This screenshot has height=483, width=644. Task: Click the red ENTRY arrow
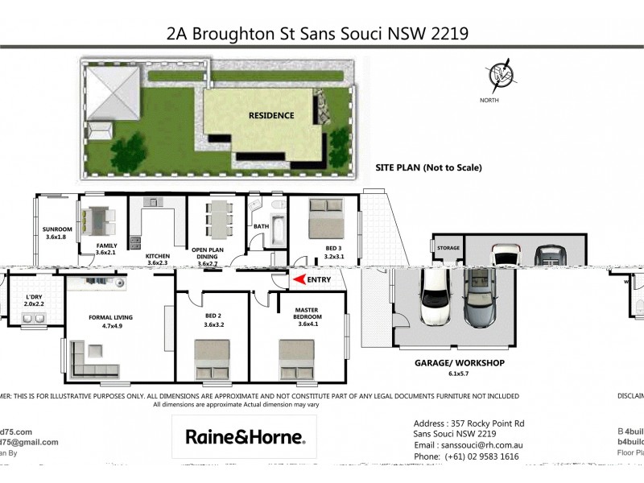[x=299, y=280]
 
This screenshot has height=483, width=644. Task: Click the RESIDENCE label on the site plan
[x=271, y=115]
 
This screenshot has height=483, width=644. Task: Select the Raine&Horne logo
[x=245, y=437]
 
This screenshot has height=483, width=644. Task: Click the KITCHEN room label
[x=158, y=256]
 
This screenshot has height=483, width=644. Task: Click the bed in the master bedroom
[x=296, y=358]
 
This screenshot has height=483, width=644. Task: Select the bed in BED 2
[x=213, y=359]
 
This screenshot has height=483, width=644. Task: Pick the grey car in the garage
[x=481, y=298]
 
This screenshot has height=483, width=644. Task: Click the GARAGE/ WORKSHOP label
[x=459, y=363]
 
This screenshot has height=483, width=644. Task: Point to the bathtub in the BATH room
[x=278, y=227]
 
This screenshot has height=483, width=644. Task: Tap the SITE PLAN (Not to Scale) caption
[x=428, y=168]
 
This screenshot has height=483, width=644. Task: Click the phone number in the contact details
[x=464, y=456]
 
